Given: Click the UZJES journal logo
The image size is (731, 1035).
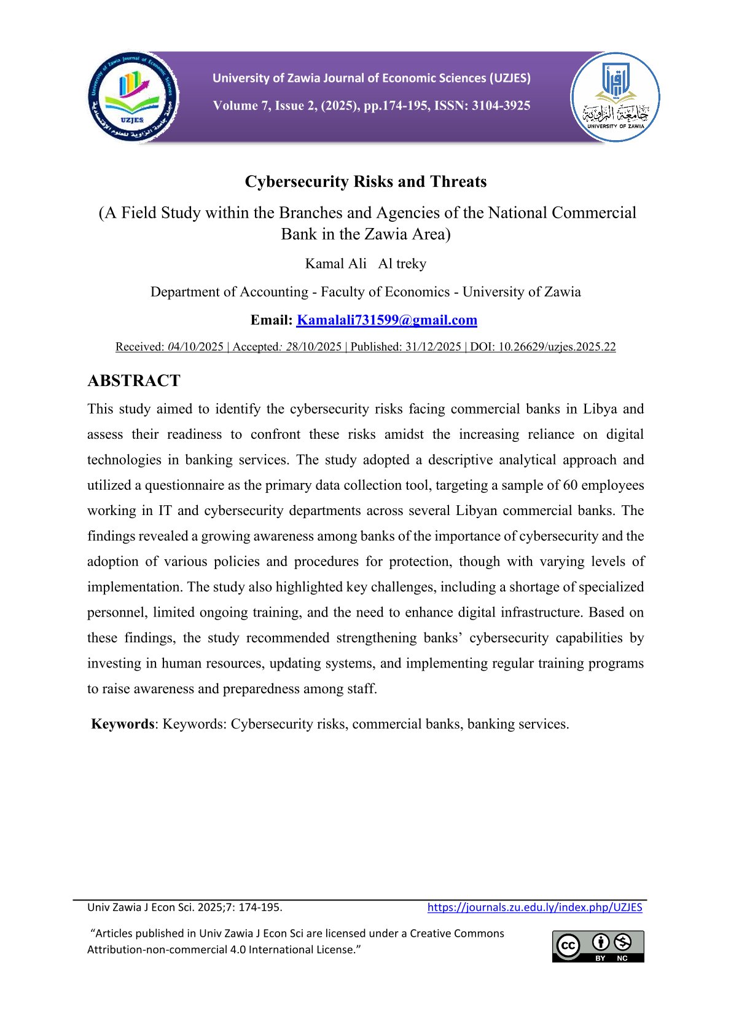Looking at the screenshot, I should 133,97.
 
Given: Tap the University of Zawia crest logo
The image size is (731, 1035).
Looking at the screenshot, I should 615,97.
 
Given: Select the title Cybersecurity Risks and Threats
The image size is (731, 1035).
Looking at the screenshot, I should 365,182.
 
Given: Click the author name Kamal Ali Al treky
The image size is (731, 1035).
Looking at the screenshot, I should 365,264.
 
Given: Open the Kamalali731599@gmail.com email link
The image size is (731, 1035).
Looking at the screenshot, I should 386,320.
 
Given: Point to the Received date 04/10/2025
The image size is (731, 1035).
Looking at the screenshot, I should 195,347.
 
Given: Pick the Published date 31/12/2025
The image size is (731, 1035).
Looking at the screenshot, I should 433,347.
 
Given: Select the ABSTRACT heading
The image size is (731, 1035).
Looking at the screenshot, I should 134,381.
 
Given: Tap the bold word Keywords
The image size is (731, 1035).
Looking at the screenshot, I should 122,724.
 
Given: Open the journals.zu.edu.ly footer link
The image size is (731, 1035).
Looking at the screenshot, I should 534,907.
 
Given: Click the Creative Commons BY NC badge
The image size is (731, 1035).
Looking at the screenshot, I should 598,946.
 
